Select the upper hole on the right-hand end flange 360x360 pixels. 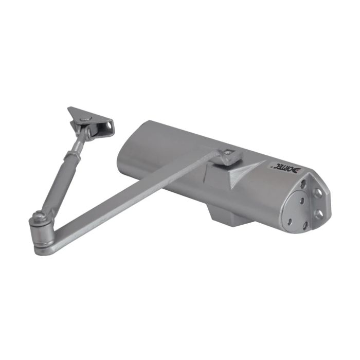pos(318,192)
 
